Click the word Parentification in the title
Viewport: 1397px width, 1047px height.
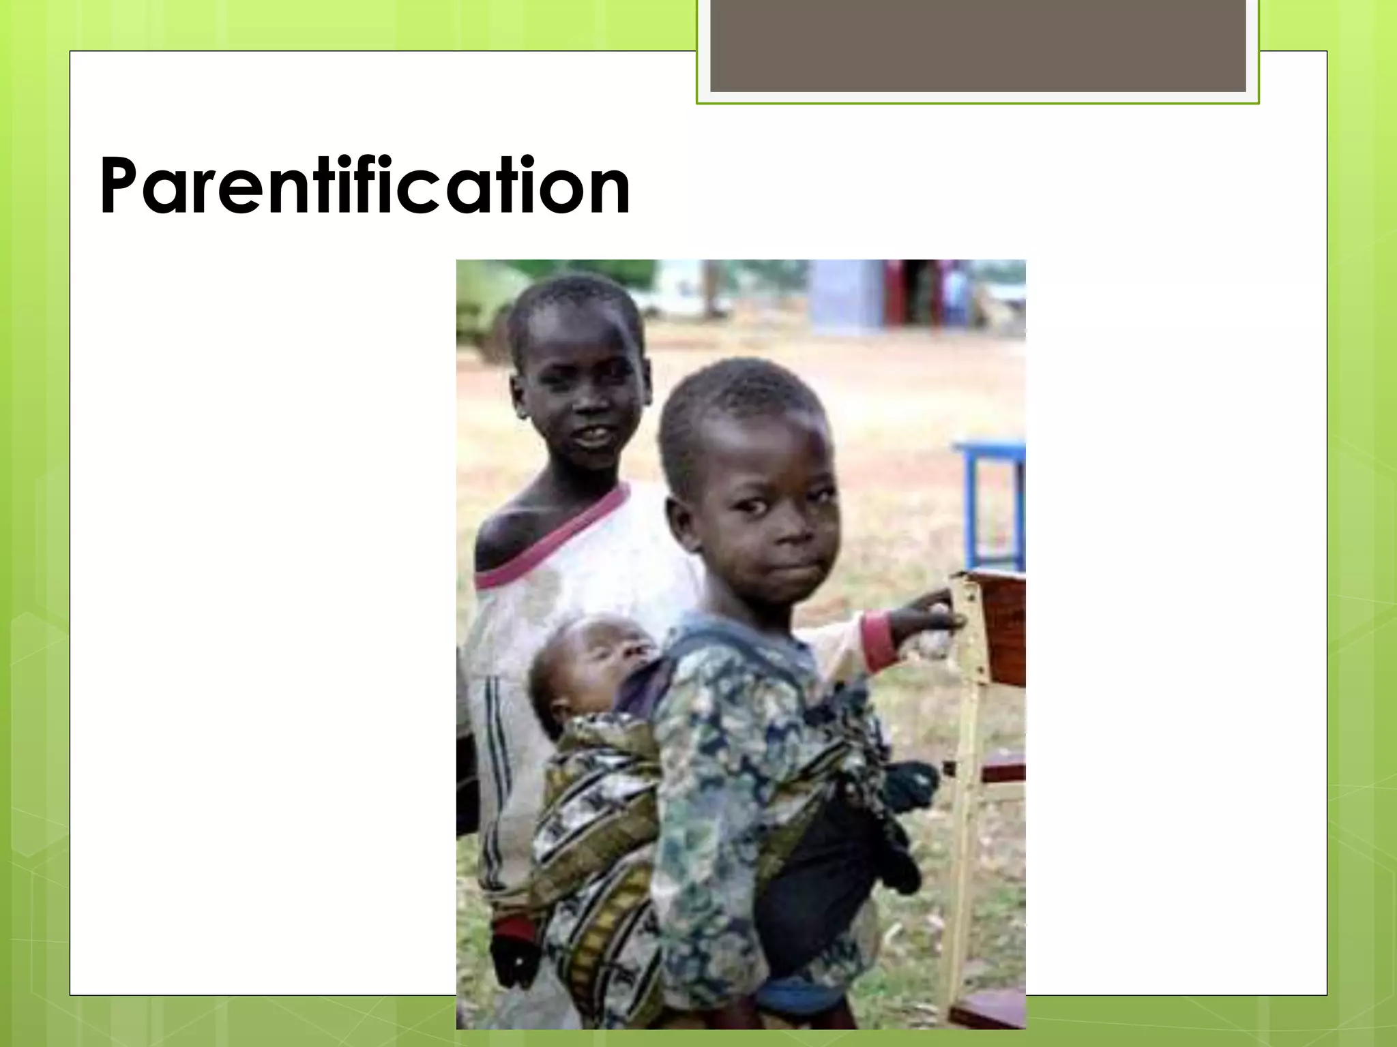pos(365,185)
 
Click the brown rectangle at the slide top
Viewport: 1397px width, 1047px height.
pos(977,46)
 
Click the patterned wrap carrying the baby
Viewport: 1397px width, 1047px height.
pos(600,818)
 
